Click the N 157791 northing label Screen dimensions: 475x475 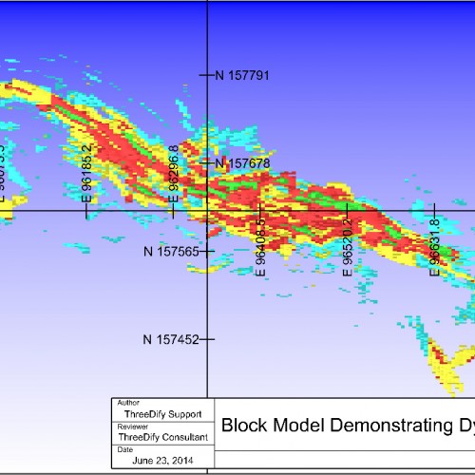click(244, 74)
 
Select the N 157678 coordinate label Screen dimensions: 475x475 click(244, 163)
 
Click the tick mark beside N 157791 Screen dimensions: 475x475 click(206, 74)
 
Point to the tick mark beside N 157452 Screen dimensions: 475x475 click(207, 339)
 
